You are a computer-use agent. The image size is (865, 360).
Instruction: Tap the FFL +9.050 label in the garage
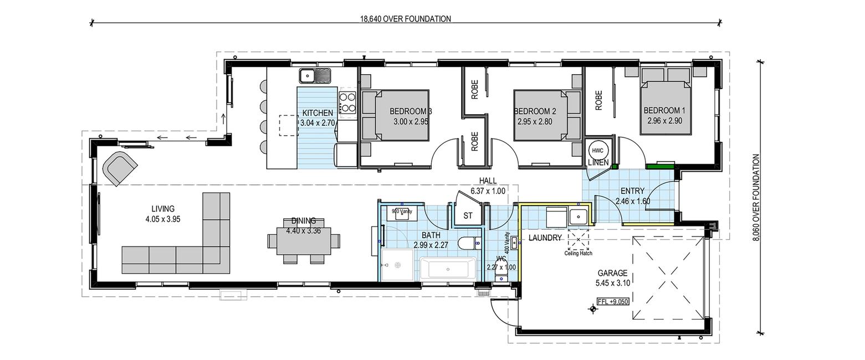pyautogui.click(x=612, y=301)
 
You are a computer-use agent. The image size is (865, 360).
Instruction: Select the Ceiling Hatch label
pyautogui.click(x=578, y=254)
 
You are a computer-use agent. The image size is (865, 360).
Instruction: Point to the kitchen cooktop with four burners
pyautogui.click(x=347, y=102)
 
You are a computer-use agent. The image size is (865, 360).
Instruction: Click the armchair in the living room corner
pyautogui.click(x=119, y=168)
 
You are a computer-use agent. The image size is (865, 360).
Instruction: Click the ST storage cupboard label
pyautogui.click(x=468, y=215)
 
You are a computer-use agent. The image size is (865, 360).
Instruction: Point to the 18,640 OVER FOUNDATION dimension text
pyautogui.click(x=406, y=18)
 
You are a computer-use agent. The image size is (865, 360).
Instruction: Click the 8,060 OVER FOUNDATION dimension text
pyautogui.click(x=756, y=198)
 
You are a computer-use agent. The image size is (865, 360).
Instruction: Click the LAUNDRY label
pyautogui.click(x=545, y=238)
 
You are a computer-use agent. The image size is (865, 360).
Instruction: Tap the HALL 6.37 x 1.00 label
pyautogui.click(x=488, y=186)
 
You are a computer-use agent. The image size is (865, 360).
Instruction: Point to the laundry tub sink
pyautogui.click(x=578, y=217)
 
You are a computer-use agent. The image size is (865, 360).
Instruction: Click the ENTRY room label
pyautogui.click(x=632, y=191)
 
